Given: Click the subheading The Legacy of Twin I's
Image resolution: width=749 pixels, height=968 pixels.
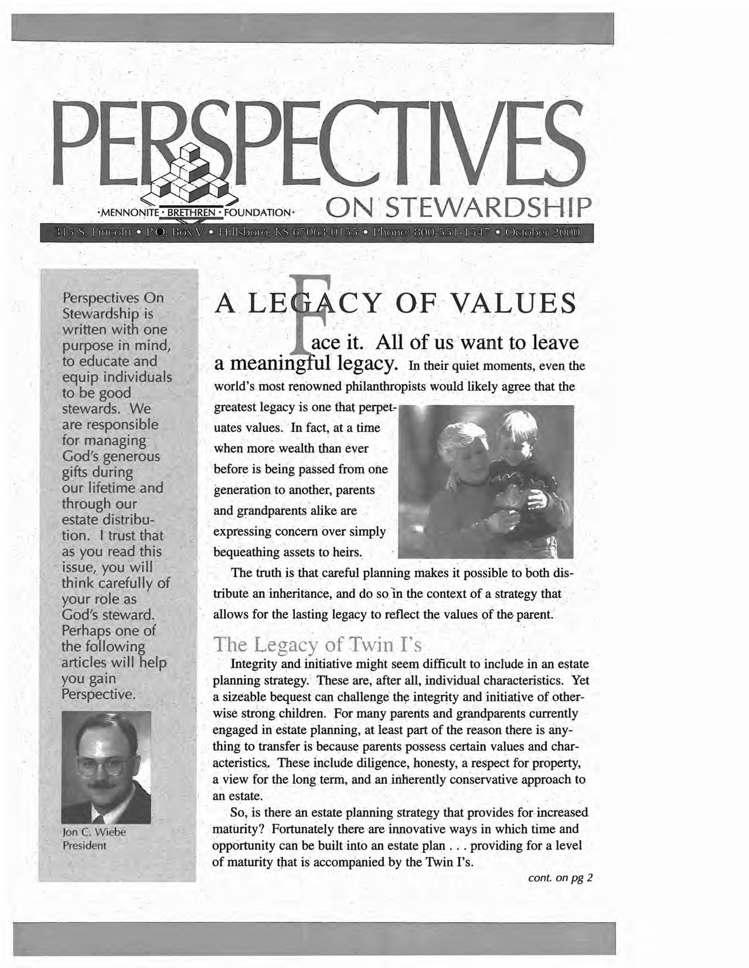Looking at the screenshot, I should (x=317, y=645).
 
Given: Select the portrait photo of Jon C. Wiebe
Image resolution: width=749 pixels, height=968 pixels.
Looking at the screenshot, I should (x=106, y=766).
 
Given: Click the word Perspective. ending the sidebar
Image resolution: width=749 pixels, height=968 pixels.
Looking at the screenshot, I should (x=98, y=694).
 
